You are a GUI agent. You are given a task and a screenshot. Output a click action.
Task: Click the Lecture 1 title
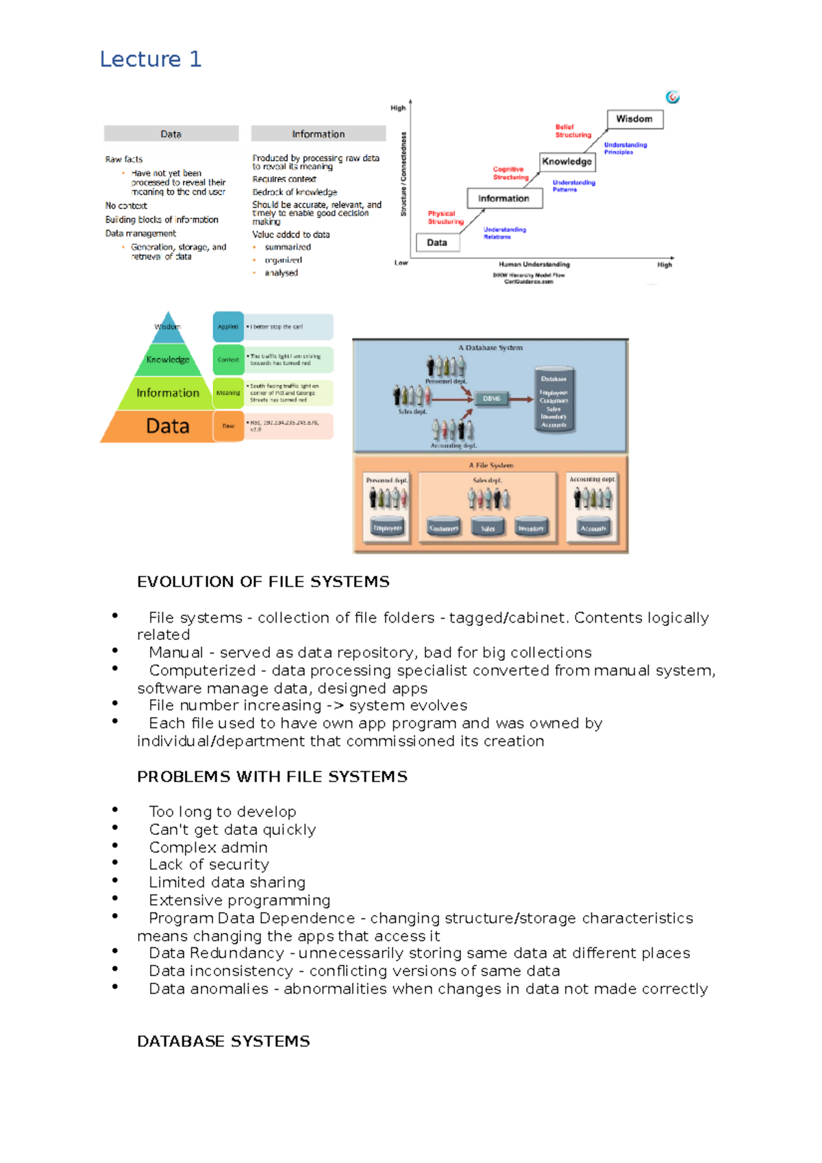[x=151, y=60]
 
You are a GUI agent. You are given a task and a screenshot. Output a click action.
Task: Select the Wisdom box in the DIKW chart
[x=634, y=119]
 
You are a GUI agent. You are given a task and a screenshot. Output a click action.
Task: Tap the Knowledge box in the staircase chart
[x=566, y=162]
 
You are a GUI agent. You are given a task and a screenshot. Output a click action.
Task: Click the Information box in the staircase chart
[x=504, y=199]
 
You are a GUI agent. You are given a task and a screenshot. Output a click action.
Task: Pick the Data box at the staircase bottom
[x=437, y=242]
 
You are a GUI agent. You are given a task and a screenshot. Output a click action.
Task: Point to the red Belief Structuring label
[x=573, y=131]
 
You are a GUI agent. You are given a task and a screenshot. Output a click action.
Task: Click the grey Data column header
[x=171, y=134]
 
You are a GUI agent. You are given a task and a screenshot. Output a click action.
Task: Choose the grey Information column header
[x=319, y=134]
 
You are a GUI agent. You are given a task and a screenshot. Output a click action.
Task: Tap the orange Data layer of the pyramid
[x=167, y=426]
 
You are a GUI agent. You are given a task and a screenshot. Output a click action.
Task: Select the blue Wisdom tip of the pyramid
[x=168, y=326]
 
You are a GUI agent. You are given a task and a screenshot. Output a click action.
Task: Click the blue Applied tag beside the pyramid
[x=228, y=327]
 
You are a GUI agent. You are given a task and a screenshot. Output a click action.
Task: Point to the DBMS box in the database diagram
[x=492, y=398]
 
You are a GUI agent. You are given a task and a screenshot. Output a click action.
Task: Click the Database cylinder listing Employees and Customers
[x=553, y=401]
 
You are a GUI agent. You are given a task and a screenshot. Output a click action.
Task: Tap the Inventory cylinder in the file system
[x=531, y=527]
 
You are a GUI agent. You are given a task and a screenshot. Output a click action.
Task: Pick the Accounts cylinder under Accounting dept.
[x=593, y=527]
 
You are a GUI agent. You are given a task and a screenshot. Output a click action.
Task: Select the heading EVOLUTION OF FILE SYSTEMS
[x=263, y=581]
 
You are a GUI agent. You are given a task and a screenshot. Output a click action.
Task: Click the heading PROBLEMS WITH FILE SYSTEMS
[x=272, y=777]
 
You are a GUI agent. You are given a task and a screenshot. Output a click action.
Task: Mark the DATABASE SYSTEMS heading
[x=223, y=1041]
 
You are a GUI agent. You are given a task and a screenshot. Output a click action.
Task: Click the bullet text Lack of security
[x=209, y=864]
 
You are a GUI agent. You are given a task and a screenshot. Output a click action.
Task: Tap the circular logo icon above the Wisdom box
[x=673, y=97]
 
